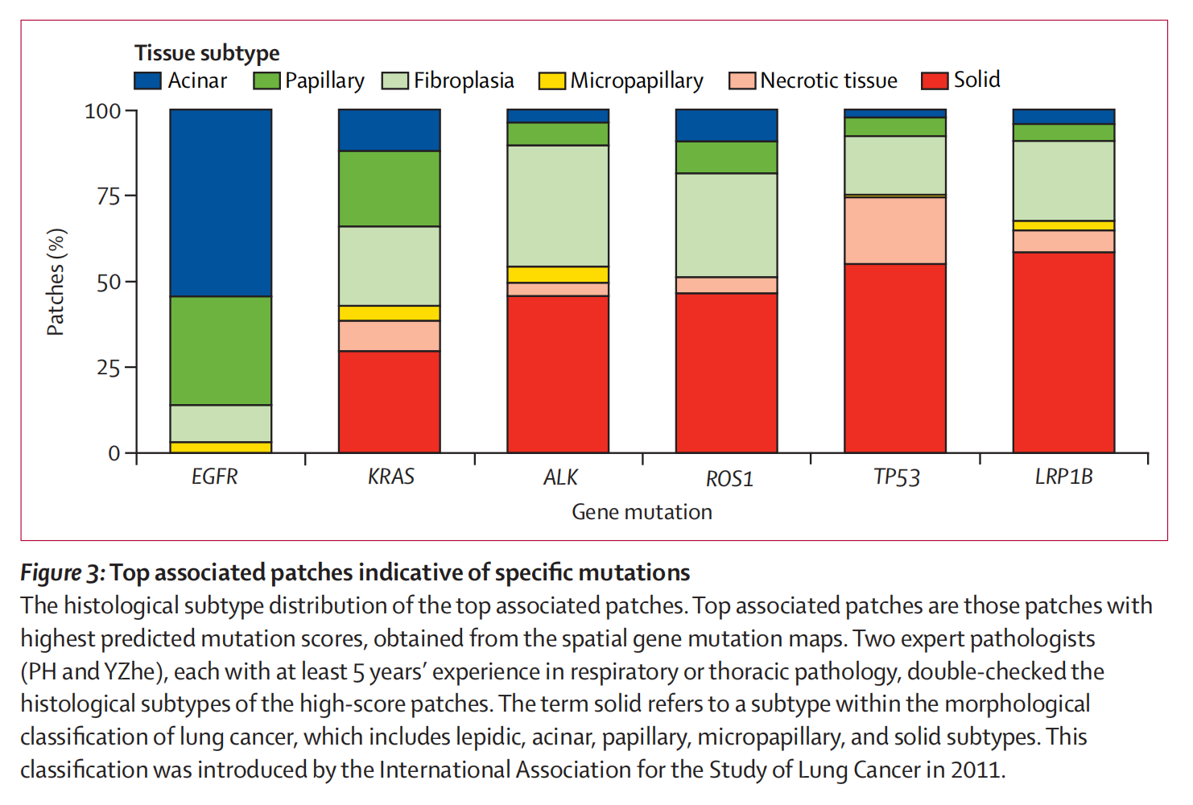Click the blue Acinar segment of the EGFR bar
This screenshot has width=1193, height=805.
[x=221, y=203]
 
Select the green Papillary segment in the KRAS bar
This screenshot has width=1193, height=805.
[x=390, y=188]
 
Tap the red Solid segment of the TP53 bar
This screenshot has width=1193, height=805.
[x=895, y=357]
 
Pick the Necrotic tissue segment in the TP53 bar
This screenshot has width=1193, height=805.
[x=895, y=230]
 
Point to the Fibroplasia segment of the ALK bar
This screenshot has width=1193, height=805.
[x=558, y=205]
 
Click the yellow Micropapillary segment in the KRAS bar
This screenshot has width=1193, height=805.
[x=390, y=313]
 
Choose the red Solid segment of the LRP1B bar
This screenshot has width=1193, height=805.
[x=1063, y=352]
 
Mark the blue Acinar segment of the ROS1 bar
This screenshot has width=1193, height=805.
[x=727, y=126]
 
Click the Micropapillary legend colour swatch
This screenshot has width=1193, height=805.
[x=552, y=80]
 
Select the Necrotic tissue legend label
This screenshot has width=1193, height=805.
[x=828, y=80]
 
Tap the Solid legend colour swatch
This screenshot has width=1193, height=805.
[x=935, y=80]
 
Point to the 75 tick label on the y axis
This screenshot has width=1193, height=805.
[x=108, y=196]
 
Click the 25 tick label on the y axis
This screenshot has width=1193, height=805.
[x=108, y=368]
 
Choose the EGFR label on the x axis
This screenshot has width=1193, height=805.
[x=215, y=477]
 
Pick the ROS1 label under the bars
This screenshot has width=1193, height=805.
[x=729, y=479]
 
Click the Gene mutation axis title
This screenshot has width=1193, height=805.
[x=642, y=512]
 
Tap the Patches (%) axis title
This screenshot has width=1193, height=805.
[x=56, y=282]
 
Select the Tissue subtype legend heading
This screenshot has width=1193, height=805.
[x=207, y=53]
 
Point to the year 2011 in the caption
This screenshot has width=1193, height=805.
[x=976, y=770]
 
